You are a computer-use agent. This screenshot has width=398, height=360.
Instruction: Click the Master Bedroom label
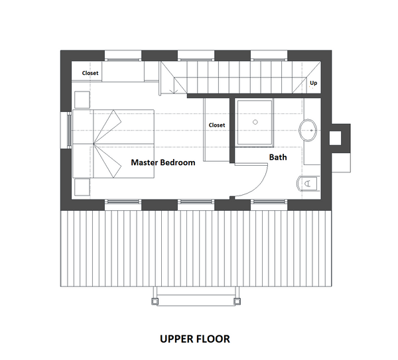163,162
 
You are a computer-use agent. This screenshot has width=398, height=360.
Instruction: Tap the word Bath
277,157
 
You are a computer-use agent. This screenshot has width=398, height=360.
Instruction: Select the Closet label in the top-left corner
90,73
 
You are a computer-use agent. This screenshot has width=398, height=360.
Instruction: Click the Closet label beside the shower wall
216,125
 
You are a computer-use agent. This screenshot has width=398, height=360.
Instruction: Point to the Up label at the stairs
314,84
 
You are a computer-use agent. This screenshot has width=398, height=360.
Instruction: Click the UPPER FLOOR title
194,339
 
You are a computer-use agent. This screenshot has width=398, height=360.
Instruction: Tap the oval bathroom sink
309,131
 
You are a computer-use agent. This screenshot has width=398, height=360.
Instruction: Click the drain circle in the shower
254,123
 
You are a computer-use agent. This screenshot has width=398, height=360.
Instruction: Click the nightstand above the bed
82,99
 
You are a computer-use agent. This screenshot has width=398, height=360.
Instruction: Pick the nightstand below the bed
82,186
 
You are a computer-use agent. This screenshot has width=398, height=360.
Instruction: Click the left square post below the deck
155,300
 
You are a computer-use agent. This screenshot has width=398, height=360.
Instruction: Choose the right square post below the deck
235,300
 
